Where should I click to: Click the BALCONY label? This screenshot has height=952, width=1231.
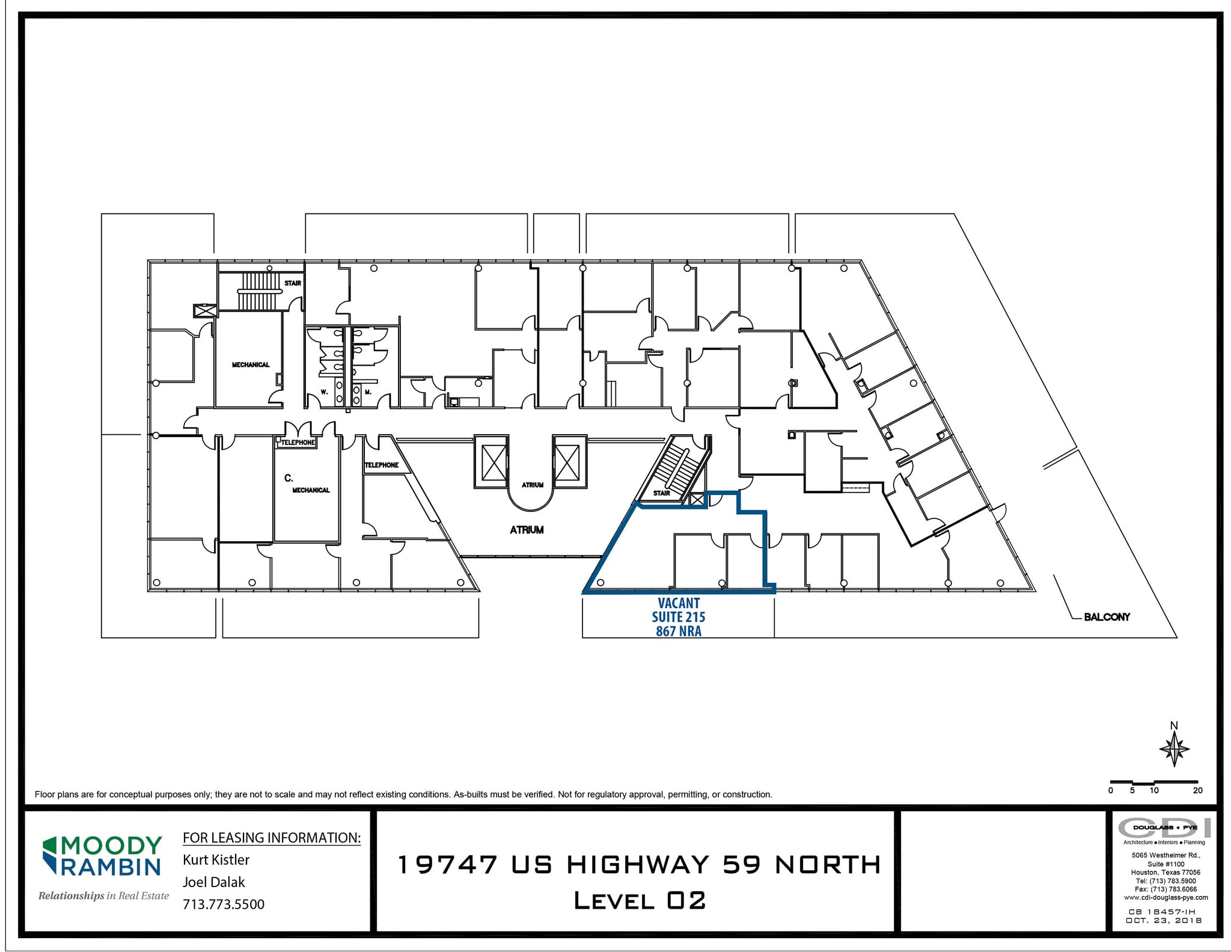point(1107,617)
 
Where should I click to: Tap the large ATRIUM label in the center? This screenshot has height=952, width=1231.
point(527,530)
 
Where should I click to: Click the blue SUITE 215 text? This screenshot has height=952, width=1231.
point(679,617)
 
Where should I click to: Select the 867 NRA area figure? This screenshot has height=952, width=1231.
point(679,631)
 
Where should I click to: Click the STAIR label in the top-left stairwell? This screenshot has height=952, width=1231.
point(293,283)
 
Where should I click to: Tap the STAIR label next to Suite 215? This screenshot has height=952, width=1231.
point(661,493)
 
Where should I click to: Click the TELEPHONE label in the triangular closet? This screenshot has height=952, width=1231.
point(382,465)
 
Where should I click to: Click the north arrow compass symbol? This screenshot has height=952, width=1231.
point(1174,749)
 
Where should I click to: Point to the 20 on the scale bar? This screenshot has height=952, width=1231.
point(1197,790)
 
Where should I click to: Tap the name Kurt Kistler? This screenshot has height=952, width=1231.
point(216,860)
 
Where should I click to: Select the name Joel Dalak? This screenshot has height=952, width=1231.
point(214,882)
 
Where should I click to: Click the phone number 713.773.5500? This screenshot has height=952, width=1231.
point(224,904)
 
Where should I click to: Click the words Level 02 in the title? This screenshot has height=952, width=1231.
point(640,901)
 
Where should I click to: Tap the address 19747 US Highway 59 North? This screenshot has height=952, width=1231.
point(640,865)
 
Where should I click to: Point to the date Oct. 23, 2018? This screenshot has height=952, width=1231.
point(1164,921)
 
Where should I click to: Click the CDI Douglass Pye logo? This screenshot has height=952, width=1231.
point(1164,828)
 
